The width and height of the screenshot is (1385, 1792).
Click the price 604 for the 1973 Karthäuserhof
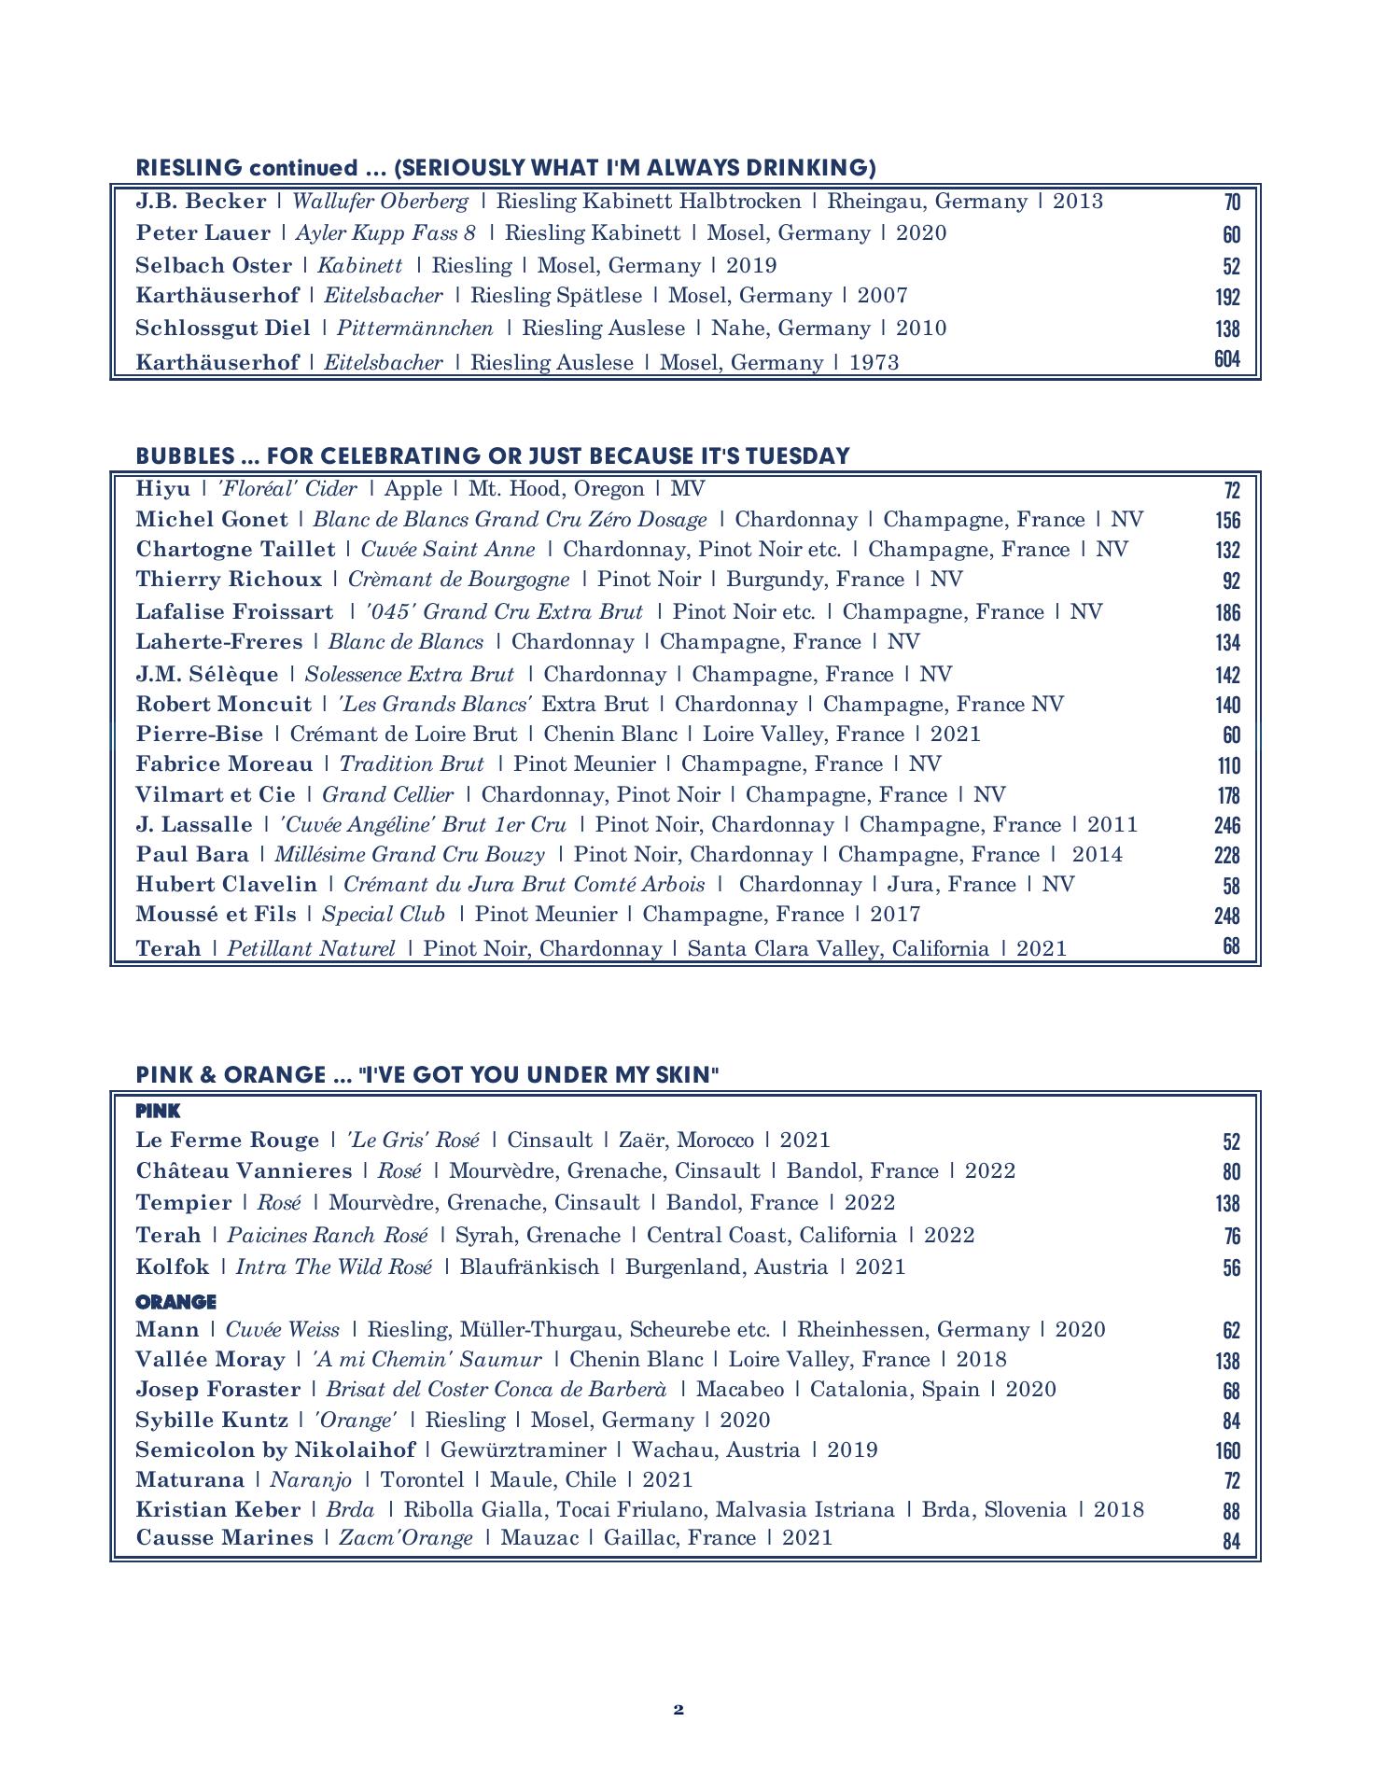[1226, 359]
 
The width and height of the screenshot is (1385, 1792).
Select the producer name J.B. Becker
[201, 202]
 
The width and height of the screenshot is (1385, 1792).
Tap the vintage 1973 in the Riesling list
[874, 362]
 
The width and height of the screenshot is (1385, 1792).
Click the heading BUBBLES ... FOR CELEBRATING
[493, 455]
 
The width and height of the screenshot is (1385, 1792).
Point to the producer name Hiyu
[162, 489]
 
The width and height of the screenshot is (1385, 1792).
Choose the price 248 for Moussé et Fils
[1226, 916]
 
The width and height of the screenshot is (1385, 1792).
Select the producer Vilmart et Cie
[216, 795]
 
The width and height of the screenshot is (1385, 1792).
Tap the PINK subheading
[158, 1111]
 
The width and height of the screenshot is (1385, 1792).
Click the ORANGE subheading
[175, 1301]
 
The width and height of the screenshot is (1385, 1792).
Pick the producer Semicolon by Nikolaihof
[275, 1449]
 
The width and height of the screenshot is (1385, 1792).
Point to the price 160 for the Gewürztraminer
[1227, 1450]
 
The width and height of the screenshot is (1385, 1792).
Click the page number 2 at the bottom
[679, 1710]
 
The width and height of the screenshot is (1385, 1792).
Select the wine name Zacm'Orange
[406, 1537]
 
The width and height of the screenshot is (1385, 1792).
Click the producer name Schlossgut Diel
[222, 329]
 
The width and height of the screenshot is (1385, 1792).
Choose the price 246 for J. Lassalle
[1226, 825]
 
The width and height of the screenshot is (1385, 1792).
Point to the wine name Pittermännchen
[414, 329]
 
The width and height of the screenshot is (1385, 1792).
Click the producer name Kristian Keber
[218, 1509]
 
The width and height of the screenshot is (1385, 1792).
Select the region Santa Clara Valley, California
[838, 949]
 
